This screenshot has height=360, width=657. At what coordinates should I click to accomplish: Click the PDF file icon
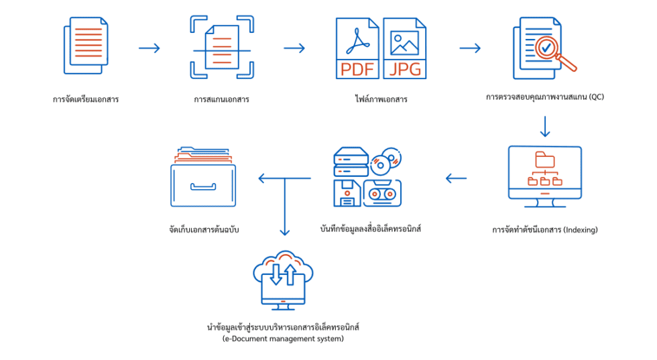coord(357,48)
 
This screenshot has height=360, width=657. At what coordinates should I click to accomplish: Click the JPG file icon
coord(405,48)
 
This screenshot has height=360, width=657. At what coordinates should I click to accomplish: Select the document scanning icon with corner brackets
coord(222,47)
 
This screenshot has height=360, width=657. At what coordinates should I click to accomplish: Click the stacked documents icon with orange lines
coord(86,46)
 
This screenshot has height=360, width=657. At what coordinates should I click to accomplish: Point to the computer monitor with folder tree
coord(544,176)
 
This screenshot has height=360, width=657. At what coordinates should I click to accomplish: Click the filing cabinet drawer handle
coord(203,186)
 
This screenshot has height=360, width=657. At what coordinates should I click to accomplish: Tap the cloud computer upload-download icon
coord(283,280)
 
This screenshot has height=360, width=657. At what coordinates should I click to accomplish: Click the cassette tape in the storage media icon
coord(382,193)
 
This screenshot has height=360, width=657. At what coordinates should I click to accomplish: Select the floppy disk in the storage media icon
coord(347,193)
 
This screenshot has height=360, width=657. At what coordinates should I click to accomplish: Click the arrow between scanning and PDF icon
coord(294,48)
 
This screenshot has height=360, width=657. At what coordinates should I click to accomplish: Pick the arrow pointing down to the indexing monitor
coord(544,127)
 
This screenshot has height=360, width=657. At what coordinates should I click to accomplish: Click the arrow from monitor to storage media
coord(457,178)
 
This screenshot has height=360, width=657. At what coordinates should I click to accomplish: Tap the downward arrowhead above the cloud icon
coord(285,231)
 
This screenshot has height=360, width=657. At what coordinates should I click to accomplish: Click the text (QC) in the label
coord(596,97)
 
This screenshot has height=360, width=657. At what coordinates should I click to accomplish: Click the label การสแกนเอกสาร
coord(221,99)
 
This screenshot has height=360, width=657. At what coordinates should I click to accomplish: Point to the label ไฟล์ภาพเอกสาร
coord(381,99)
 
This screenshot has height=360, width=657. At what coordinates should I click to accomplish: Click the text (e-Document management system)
coord(283,339)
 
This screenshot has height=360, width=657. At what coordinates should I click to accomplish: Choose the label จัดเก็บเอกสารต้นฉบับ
coord(204,230)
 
